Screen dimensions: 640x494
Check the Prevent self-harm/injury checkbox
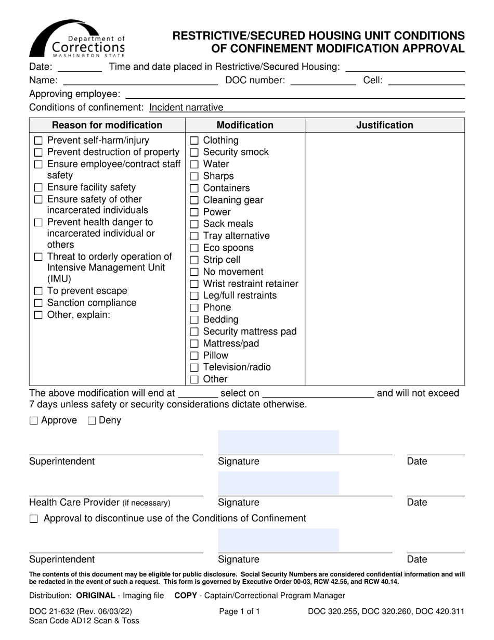click(x=38, y=141)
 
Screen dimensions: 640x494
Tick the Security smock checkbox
click(x=194, y=152)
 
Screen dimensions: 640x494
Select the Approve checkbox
click(x=34, y=421)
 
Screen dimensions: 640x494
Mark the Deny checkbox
click(x=92, y=421)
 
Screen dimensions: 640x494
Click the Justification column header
click(x=384, y=125)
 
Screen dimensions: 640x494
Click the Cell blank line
click(x=426, y=80)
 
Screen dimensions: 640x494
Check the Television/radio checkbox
click(x=194, y=368)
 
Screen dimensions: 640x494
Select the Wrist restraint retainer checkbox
click(x=194, y=284)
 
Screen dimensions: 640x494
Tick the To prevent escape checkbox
click(x=38, y=291)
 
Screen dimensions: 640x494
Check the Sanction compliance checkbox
click(x=38, y=303)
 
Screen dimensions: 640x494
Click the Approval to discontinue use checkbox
click(x=34, y=519)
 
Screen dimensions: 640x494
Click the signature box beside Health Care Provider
click(x=278, y=483)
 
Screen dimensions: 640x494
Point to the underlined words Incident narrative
click(x=186, y=108)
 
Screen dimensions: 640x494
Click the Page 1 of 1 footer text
click(x=239, y=612)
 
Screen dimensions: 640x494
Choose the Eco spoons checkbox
click(x=194, y=248)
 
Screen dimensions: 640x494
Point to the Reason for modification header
click(x=107, y=125)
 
